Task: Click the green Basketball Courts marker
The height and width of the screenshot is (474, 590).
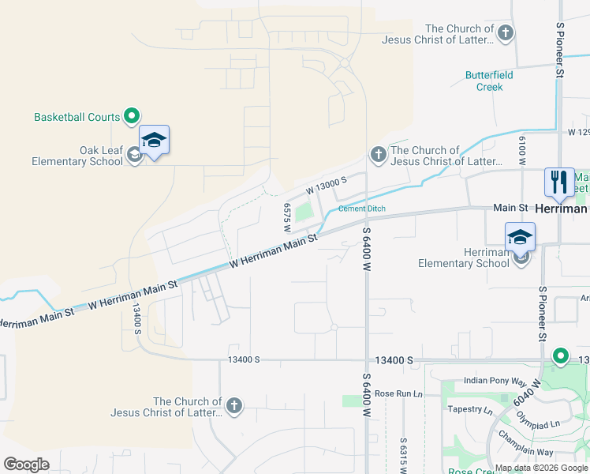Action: click(133, 117)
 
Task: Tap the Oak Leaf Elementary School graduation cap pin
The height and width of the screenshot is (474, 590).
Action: click(154, 141)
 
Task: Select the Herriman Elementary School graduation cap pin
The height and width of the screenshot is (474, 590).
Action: click(521, 236)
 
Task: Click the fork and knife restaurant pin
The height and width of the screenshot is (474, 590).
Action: click(559, 182)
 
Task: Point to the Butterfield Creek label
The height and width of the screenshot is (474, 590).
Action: click(489, 81)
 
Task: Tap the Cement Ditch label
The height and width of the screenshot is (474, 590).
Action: click(362, 209)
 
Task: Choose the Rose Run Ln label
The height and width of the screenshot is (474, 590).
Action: click(398, 393)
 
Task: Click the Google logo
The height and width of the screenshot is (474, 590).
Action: click(26, 465)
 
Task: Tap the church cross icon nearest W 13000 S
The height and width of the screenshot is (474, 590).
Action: click(378, 154)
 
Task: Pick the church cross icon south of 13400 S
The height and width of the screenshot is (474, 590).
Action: click(233, 406)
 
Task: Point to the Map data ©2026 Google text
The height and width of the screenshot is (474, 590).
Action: click(541, 468)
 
